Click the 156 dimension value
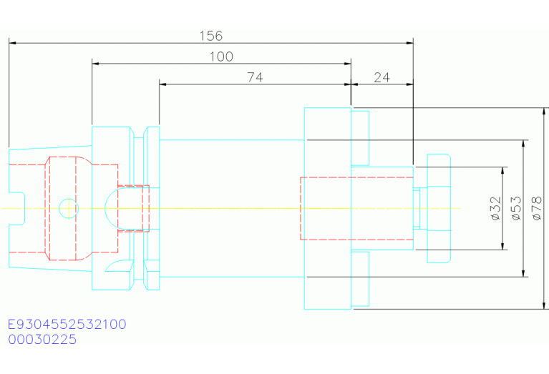(210, 36)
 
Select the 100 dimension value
(221, 56)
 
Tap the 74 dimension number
(255, 77)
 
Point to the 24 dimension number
(382, 77)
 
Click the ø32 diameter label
(496, 209)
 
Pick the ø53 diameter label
(516, 209)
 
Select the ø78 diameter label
(536, 209)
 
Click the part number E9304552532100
(67, 325)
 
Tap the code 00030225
(42, 340)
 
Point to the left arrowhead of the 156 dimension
(13, 43)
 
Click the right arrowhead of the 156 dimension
(409, 43)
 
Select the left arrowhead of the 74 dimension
(163, 84)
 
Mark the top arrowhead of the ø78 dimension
(544, 112)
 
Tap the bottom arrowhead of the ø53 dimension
(523, 273)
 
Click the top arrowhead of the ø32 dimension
(502, 171)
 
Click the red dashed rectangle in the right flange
(301, 209)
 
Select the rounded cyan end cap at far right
(450, 209)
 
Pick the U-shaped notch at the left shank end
(24, 209)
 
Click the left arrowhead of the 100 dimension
(96, 64)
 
